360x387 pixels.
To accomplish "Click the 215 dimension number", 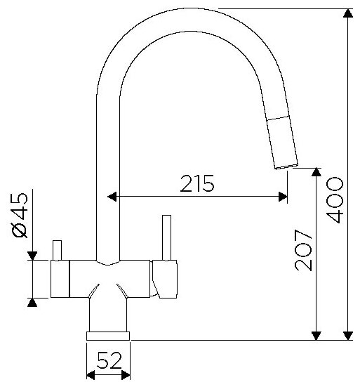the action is point(197,183).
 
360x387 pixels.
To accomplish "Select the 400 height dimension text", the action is point(334,199).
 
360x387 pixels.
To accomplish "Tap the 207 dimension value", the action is point(303,250).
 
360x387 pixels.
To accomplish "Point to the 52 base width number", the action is point(109,360).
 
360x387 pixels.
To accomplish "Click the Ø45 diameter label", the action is point(20,215).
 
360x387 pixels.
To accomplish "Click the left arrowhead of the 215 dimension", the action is point(112,197).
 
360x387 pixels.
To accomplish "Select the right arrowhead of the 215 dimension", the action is point(283,197).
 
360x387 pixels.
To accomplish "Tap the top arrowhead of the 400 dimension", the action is point(347,13).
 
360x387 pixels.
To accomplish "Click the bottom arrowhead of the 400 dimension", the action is point(347,336).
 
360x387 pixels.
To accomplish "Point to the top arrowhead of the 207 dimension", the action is point(316,172).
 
